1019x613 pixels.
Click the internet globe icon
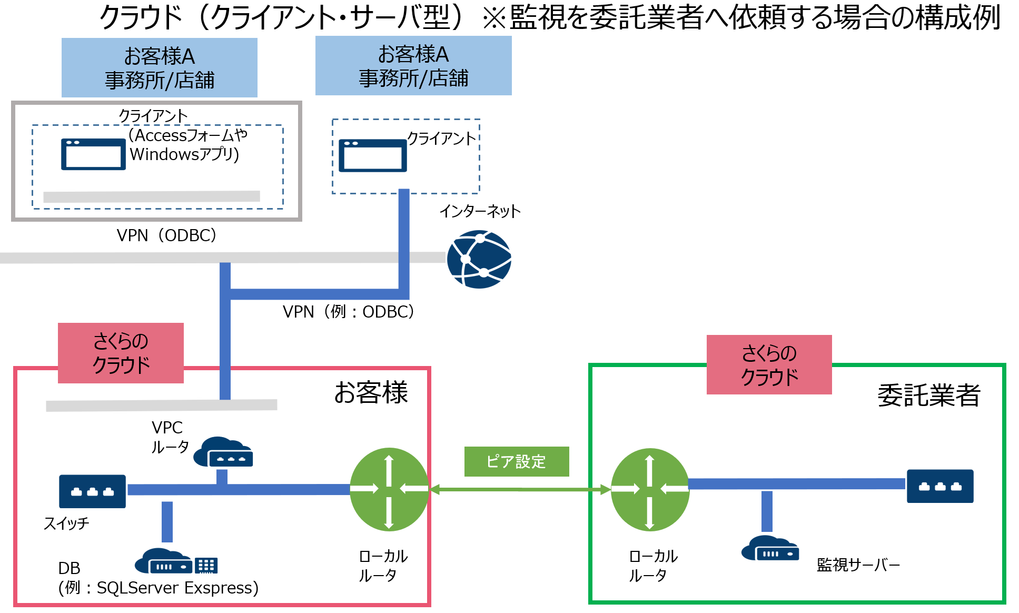pos(479,259)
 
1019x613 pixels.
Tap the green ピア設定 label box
pos(516,461)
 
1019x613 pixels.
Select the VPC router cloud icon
pos(224,452)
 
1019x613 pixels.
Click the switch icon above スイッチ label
pos(92,491)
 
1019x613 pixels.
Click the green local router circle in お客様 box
pos(389,489)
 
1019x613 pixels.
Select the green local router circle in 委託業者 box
pos(650,489)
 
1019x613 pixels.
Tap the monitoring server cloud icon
pos(770,549)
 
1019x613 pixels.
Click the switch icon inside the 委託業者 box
pos(939,486)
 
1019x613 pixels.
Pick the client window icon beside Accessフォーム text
pos(93,154)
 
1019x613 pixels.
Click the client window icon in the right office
pos(372,155)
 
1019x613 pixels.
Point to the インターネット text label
pos(480,211)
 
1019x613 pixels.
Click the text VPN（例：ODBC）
pos(348,312)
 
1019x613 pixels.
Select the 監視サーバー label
pos(858,565)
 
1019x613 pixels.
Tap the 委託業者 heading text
pos(928,395)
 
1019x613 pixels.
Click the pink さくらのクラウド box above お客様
pos(121,353)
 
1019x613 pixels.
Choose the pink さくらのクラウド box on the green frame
pos(769,364)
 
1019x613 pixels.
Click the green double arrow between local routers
pos(520,490)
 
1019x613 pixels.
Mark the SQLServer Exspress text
pos(177,588)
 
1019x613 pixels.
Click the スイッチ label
pos(66,523)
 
